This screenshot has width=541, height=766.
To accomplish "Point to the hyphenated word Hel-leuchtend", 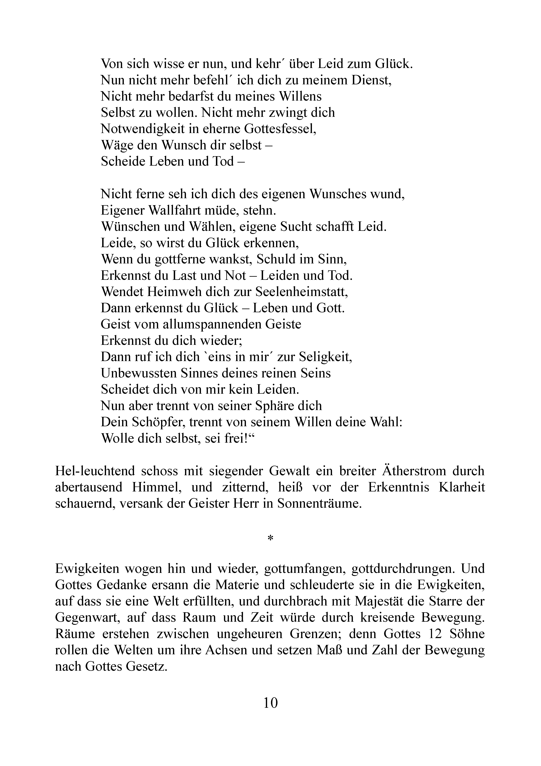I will pos(95,471).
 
